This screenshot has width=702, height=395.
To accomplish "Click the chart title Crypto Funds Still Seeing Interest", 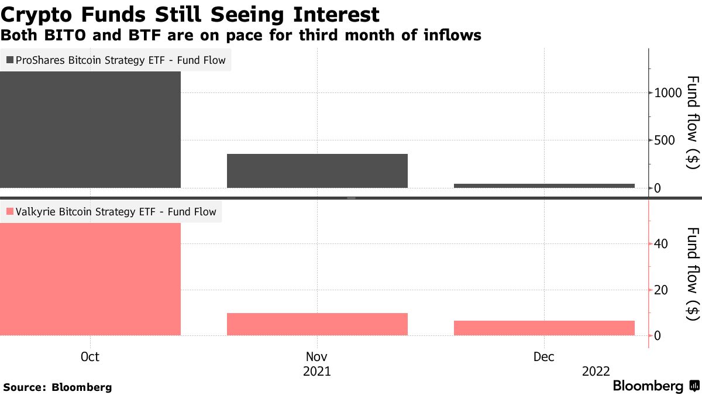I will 190,14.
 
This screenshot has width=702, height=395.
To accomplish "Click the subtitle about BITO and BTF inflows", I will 240,36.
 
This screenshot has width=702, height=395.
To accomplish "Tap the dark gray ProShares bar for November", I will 317,171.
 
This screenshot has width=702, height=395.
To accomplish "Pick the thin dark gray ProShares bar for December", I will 544,186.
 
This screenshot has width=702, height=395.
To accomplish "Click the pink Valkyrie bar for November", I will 317,324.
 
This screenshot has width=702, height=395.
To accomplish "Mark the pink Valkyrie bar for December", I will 544,328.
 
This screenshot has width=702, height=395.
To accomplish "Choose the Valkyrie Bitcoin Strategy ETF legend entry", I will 111,212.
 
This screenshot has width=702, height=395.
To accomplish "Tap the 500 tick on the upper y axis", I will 666,140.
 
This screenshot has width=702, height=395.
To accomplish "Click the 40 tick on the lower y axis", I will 662,243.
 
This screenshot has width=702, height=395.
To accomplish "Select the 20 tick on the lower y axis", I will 662,290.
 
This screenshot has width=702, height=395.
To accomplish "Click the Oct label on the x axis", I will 90,357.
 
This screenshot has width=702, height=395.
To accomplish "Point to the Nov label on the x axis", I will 317,357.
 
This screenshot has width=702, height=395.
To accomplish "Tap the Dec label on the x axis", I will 544,357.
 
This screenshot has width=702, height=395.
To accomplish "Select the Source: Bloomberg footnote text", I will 57,387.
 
